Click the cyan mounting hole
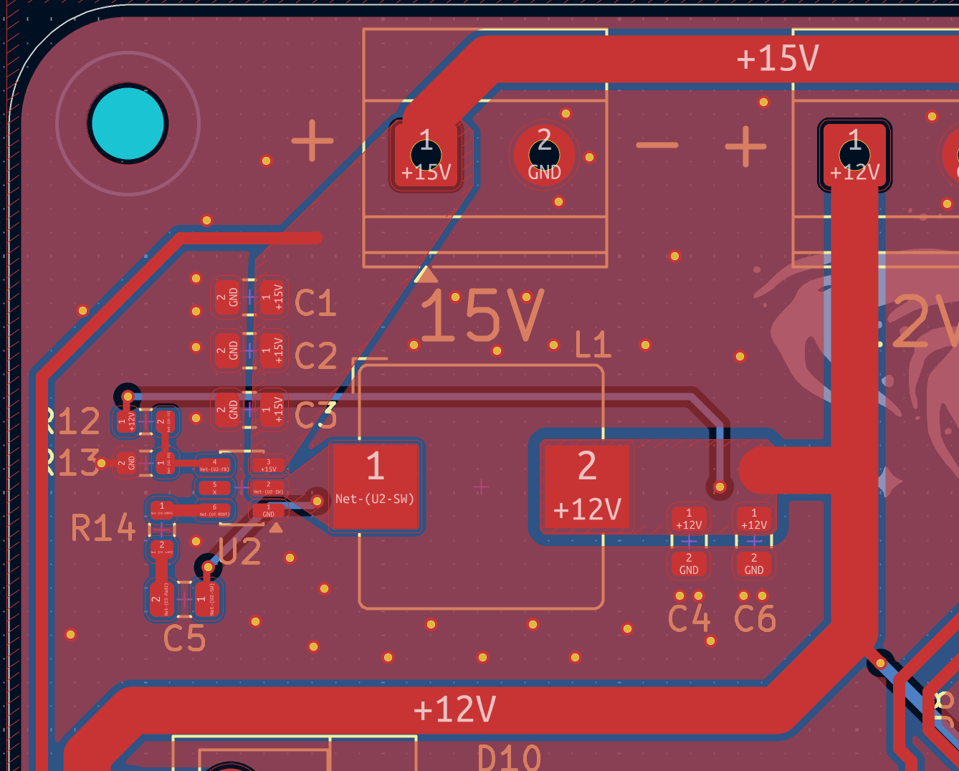point(128,123)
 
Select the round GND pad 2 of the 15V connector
point(544,155)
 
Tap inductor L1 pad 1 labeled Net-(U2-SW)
point(375,487)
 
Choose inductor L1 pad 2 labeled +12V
point(586,487)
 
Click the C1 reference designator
point(315,303)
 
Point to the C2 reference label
point(315,356)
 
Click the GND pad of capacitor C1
point(227,297)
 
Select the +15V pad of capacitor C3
point(272,410)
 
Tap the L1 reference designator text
point(593,345)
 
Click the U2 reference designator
point(240,552)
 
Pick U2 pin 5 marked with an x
point(214,488)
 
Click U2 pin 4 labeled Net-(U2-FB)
point(214,466)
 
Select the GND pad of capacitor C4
point(689,564)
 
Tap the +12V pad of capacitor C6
point(754,519)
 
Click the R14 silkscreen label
point(103,529)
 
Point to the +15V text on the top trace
point(777,58)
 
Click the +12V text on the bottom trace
point(454,709)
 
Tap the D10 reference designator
point(509,757)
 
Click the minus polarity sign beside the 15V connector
point(657,145)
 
